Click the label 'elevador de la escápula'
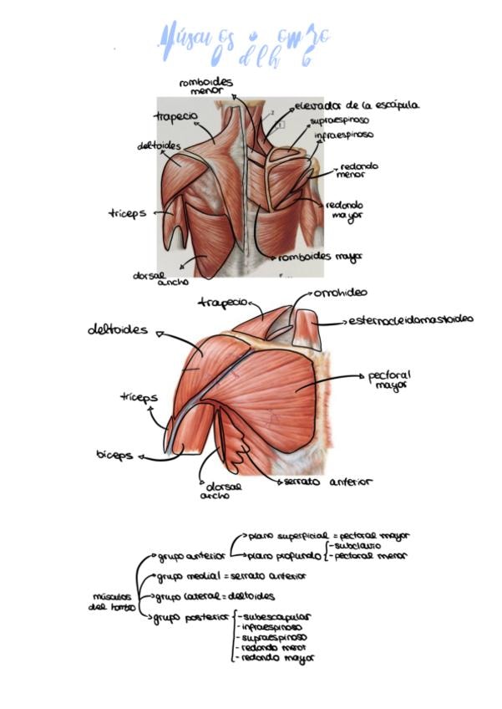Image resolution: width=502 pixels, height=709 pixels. pos(357,106)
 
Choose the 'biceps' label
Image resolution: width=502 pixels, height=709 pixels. pos(114,456)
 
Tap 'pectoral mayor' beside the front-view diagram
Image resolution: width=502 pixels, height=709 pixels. pos(390,381)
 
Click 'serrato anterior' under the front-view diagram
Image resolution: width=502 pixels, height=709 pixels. pos(327,482)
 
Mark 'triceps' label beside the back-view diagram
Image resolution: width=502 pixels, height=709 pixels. pos(127,213)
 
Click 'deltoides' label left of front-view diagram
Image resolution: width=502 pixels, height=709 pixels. pos(118,329)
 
